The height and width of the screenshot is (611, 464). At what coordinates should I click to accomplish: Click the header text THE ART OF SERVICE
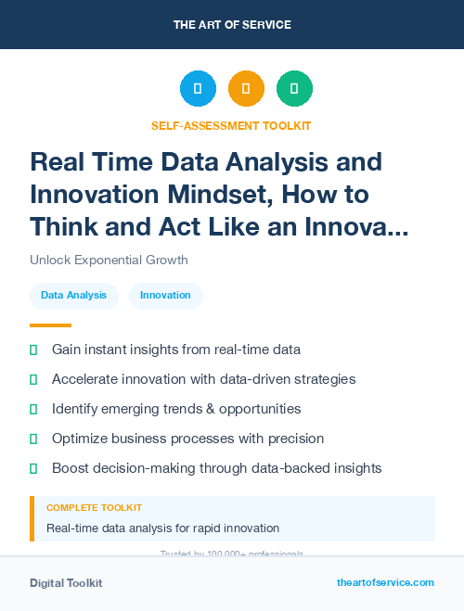[232, 25]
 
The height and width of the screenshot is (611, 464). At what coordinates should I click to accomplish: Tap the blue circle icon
[198, 89]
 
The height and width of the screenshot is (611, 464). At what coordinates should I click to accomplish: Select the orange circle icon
[246, 89]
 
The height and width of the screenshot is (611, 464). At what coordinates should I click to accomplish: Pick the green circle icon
[294, 89]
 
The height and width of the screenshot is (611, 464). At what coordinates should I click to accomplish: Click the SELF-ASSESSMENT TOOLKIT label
[231, 125]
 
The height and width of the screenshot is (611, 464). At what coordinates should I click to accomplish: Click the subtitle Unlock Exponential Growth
[109, 260]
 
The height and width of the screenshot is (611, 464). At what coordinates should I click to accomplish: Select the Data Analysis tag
[74, 296]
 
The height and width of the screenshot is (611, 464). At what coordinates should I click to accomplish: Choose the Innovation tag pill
[165, 296]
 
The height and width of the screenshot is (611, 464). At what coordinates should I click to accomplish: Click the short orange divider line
[50, 325]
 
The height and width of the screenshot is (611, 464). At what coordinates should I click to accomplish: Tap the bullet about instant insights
[175, 350]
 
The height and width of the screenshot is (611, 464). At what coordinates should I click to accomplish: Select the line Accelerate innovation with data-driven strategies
[203, 379]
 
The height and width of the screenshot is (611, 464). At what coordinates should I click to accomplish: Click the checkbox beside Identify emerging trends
[34, 409]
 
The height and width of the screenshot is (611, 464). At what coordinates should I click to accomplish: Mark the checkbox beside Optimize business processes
[34, 439]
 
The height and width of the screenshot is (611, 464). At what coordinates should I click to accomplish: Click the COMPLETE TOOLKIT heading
[94, 508]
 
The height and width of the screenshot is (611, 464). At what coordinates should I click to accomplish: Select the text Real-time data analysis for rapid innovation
[162, 528]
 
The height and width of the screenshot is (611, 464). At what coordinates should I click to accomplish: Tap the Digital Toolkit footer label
[66, 583]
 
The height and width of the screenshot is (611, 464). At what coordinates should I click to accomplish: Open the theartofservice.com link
[385, 582]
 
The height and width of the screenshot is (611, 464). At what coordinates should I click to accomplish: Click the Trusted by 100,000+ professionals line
[231, 554]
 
